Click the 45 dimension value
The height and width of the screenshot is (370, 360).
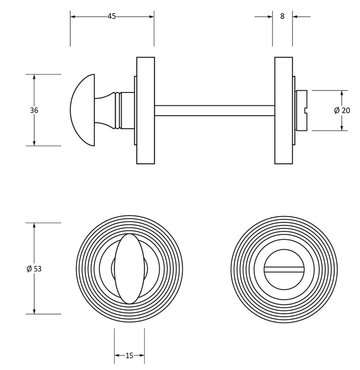coord(112,16)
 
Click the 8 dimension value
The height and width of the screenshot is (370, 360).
coord(282,16)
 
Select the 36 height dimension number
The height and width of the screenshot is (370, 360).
coord(34,110)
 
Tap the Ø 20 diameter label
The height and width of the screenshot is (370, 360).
coord(342,110)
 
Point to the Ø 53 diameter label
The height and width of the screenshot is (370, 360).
coord(34,269)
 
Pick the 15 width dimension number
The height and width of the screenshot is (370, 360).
coord(129,356)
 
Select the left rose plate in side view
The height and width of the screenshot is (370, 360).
coord(146,110)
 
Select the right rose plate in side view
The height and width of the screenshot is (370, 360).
coord(284,110)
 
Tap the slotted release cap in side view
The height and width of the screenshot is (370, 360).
coord(301,110)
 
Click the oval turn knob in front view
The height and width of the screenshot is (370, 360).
coord(129,269)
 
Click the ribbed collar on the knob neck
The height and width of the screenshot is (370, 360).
coord(117,110)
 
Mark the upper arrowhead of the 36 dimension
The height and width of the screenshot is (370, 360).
coord(34,77)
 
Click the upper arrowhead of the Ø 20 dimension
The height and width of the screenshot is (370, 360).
coord(342,93)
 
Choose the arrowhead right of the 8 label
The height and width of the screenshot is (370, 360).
coord(295,16)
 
